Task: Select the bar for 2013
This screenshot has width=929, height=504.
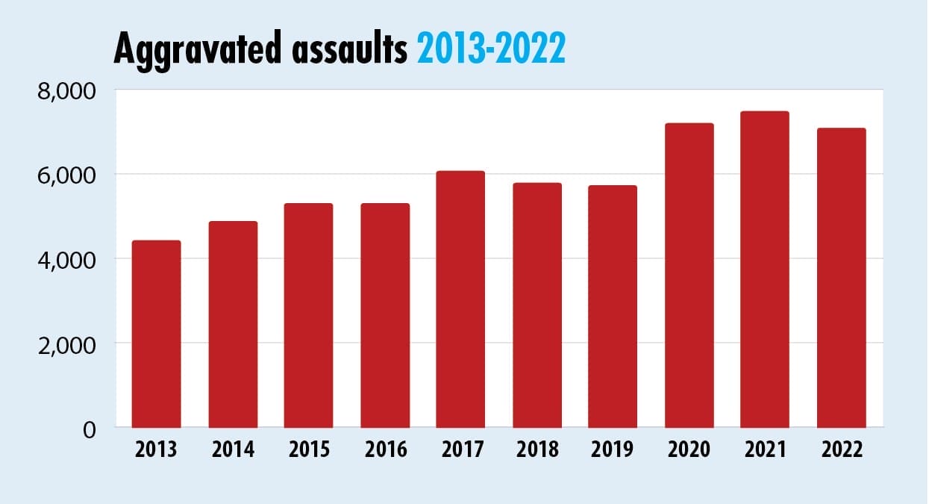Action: [156, 334]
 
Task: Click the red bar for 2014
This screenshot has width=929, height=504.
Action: [233, 324]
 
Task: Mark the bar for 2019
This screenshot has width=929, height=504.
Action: [613, 306]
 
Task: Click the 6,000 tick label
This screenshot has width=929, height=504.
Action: [67, 175]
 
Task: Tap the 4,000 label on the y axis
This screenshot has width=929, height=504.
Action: [67, 260]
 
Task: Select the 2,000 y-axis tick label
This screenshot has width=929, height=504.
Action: [67, 344]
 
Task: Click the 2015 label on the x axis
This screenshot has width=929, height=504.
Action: [309, 450]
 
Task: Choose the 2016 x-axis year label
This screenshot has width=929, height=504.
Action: [385, 450]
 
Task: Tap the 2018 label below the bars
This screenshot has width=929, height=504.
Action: [537, 450]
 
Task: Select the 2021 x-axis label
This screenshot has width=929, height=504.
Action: [764, 450]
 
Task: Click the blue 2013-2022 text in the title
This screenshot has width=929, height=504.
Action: [490, 50]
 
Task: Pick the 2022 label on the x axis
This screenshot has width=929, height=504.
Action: [841, 450]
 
